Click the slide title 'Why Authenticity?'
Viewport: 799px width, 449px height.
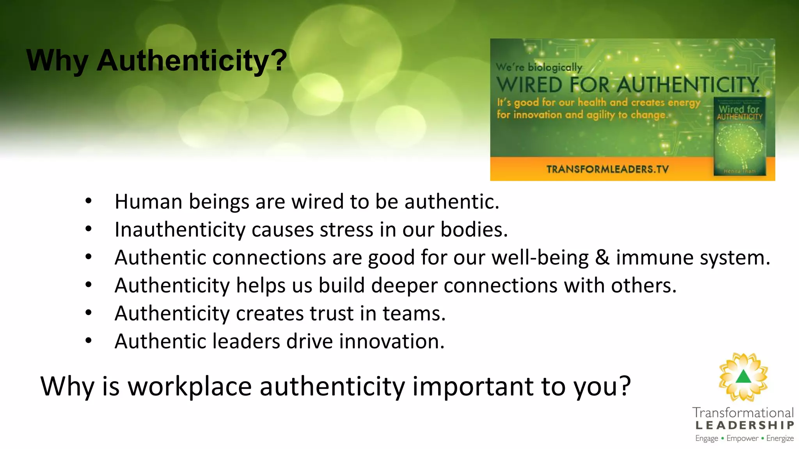(x=156, y=61)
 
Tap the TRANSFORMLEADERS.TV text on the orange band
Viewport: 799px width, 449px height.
(x=607, y=169)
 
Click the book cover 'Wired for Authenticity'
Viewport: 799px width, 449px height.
(x=739, y=136)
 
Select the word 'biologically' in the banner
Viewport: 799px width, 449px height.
(x=555, y=67)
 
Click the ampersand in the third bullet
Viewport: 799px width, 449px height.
(x=602, y=258)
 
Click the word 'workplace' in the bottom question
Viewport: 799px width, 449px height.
(x=190, y=386)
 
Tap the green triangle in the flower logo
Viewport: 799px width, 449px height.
(x=744, y=377)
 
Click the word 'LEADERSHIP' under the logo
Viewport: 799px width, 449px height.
(x=744, y=425)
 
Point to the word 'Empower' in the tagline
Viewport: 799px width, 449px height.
(x=742, y=438)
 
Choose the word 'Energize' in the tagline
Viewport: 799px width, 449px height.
(x=779, y=438)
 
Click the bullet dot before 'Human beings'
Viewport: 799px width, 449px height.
(x=89, y=202)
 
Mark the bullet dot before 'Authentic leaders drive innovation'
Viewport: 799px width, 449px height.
(x=89, y=341)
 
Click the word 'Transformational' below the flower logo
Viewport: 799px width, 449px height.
(x=743, y=413)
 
